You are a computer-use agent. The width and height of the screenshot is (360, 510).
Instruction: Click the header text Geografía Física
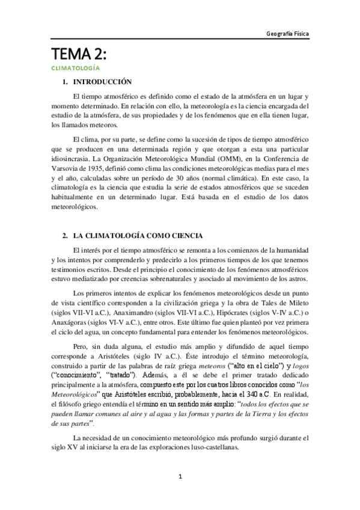click(287, 35)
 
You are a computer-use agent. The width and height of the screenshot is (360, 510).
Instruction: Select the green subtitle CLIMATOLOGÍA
click(75, 69)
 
